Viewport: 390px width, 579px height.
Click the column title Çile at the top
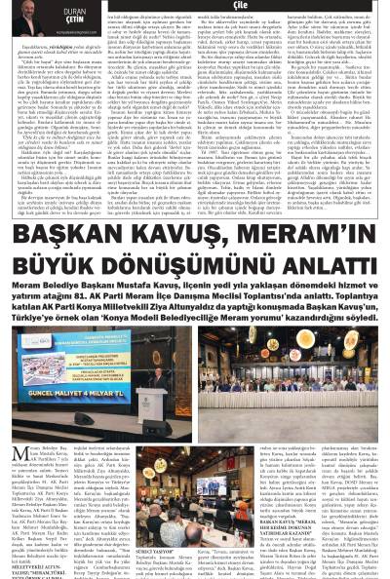pos(194,4)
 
